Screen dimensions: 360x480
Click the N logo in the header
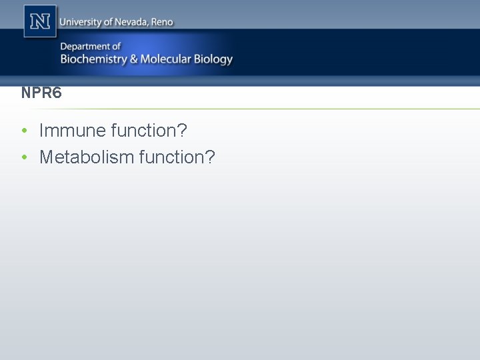(x=41, y=21)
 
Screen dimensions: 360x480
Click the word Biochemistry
(x=93, y=59)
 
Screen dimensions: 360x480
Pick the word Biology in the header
(x=213, y=60)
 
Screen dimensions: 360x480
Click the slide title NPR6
(x=41, y=93)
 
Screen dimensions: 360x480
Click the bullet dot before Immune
(x=24, y=131)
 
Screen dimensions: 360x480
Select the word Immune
(x=73, y=131)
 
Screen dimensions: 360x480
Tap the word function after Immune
(x=145, y=131)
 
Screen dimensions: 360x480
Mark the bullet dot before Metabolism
(x=24, y=157)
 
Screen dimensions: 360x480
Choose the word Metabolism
(x=87, y=157)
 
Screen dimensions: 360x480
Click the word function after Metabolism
(x=173, y=157)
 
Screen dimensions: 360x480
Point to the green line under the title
(x=267, y=109)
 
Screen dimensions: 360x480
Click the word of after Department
(x=116, y=46)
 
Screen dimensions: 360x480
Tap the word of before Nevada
(x=108, y=22)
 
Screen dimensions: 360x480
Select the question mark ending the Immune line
(x=183, y=131)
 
